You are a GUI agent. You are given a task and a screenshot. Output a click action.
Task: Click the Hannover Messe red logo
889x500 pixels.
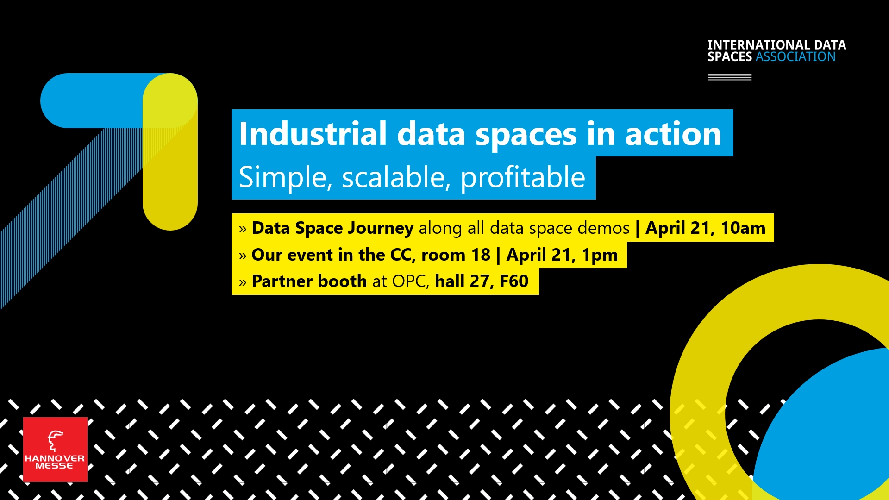(x=55, y=449)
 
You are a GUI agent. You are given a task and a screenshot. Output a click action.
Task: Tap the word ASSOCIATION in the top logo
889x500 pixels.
(x=795, y=57)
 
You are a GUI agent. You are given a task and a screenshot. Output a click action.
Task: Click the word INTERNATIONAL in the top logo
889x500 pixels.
(x=759, y=45)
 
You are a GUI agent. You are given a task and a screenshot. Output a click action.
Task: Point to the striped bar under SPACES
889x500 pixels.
(x=730, y=78)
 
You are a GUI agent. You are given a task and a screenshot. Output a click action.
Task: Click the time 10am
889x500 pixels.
(x=743, y=228)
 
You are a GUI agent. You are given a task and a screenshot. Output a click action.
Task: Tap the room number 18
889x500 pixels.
(x=481, y=255)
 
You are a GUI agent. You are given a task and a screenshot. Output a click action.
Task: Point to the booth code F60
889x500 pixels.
(x=514, y=281)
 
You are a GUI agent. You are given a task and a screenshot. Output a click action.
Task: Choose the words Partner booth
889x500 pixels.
(x=309, y=281)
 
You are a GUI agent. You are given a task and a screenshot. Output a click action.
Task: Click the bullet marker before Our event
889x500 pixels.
(x=243, y=256)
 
